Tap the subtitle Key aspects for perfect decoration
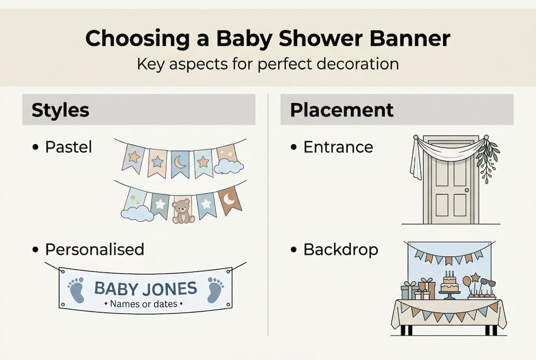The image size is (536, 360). click(x=268, y=64)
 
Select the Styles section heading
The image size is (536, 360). click(x=60, y=110)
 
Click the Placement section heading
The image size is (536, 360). click(x=342, y=110)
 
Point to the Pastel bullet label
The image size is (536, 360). click(x=68, y=147)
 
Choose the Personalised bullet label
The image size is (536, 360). click(x=94, y=249)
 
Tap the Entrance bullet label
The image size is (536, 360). click(x=338, y=147)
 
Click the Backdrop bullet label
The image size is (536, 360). click(x=341, y=249)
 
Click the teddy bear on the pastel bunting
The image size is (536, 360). click(x=182, y=211)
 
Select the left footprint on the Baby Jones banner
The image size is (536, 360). click(x=76, y=290)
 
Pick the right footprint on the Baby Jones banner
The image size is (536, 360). click(x=215, y=289)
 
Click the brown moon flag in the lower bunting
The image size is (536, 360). click(x=230, y=200)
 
